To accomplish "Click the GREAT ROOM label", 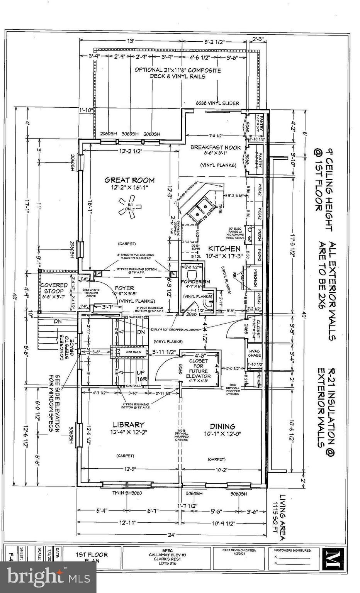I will (130, 180).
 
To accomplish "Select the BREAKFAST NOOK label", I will (216, 147).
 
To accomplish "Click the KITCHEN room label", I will (224, 249).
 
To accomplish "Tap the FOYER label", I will (124, 288).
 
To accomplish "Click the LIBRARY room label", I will (129, 425).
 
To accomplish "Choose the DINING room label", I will (222, 426).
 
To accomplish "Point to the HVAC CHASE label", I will (254, 353).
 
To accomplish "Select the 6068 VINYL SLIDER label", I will (217, 103).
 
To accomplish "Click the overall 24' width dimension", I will (172, 535).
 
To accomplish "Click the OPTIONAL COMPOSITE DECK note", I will (178, 73).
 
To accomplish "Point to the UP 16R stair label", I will (141, 376).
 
